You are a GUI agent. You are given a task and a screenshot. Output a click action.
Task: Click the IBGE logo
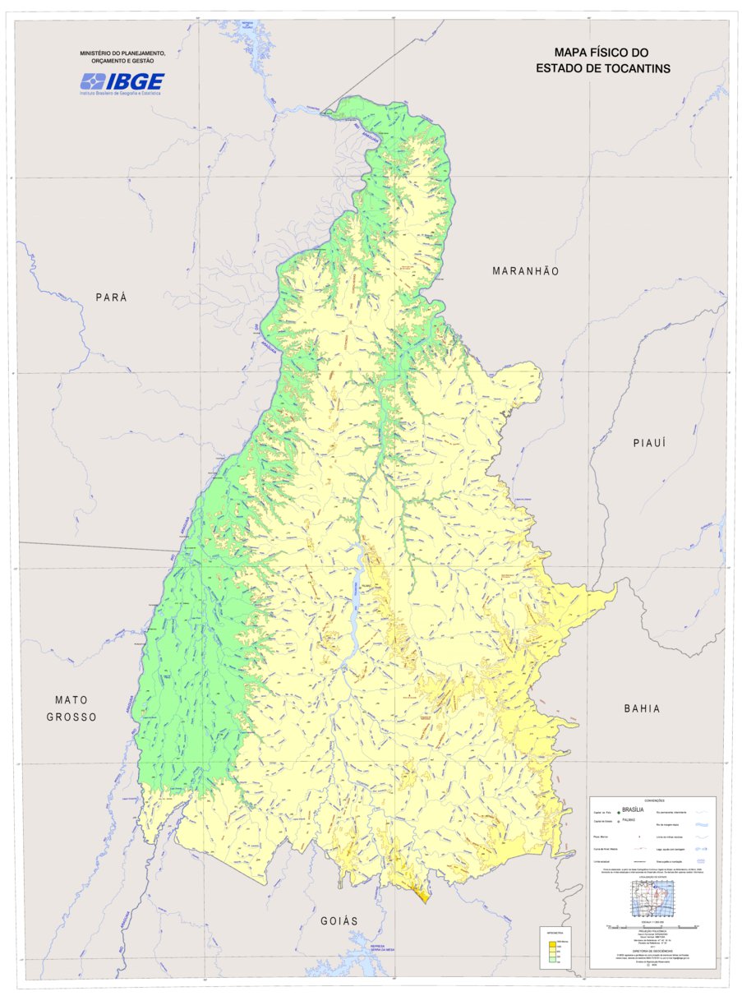coord(122,81)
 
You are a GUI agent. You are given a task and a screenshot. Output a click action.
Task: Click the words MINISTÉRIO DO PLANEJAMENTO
coord(122,53)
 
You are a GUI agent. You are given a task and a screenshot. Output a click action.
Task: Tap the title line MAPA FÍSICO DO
coord(602,53)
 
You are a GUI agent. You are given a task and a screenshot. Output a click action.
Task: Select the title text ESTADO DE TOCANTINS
coord(602,68)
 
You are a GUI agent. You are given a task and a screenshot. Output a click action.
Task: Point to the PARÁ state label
coord(112,297)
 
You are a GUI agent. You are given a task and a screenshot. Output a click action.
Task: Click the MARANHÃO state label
coord(525,271)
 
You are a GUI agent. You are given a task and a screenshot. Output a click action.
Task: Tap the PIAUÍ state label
coord(648,443)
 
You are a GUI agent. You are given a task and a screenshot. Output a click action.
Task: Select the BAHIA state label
coord(642,708)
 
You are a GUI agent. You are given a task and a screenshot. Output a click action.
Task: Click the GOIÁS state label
coord(339,921)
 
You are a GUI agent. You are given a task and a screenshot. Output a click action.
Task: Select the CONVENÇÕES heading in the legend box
coord(654,800)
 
